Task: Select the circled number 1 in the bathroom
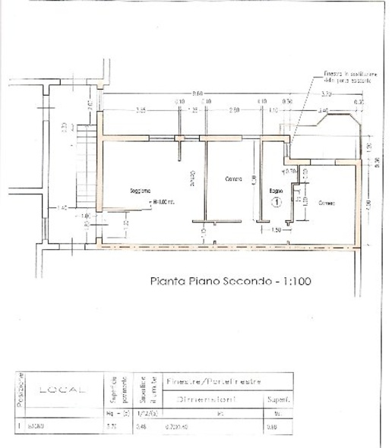point(277,203)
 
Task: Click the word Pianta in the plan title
point(166,280)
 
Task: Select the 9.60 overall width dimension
point(198,93)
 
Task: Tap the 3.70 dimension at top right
point(327,93)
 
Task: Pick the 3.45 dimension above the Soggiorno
point(141,111)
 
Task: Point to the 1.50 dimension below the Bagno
point(276,229)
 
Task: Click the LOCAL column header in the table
point(65,390)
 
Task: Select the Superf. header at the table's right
point(274,399)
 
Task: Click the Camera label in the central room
point(233,180)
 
